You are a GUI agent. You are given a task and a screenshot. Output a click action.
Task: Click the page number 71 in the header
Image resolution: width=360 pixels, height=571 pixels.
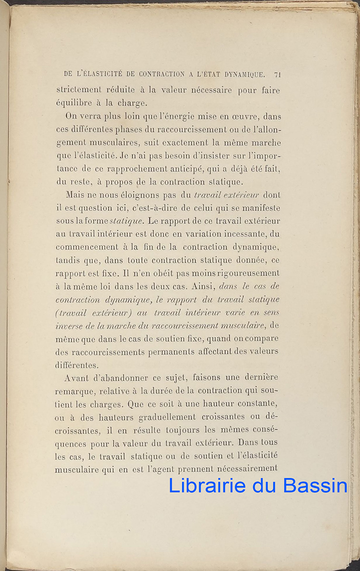tap(278, 75)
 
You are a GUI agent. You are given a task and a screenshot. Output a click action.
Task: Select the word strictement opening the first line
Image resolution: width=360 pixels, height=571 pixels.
tap(79, 90)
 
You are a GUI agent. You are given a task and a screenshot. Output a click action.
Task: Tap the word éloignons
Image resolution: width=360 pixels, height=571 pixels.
tap(129, 195)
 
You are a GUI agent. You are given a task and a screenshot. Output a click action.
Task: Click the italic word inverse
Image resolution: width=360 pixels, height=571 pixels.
tap(69, 325)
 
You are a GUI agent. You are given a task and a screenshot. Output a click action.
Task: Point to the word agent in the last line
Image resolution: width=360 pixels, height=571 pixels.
tap(163, 469)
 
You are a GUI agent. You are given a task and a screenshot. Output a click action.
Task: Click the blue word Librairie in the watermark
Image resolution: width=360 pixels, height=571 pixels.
tap(207, 486)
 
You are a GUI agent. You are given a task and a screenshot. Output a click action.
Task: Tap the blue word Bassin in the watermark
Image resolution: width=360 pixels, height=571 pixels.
tap(315, 486)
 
